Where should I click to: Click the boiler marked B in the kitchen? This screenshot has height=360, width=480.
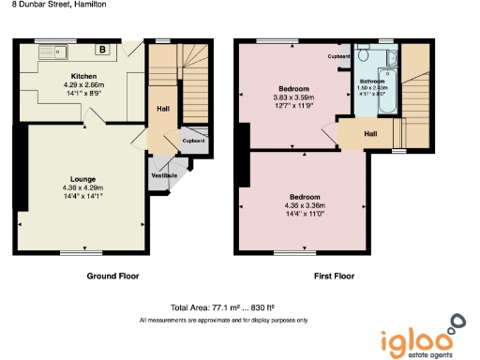(x=101, y=50)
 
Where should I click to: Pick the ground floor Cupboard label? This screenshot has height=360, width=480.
(x=192, y=141)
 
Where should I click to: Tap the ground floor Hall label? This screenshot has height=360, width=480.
(x=161, y=108)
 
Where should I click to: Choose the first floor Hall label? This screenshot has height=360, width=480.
(x=369, y=134)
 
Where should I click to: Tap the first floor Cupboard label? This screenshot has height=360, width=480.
(x=339, y=57)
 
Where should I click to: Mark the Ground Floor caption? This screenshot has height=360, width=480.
(x=114, y=277)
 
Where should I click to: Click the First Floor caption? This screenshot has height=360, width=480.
(x=335, y=277)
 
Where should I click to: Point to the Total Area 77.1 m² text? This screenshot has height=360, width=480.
(x=221, y=308)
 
